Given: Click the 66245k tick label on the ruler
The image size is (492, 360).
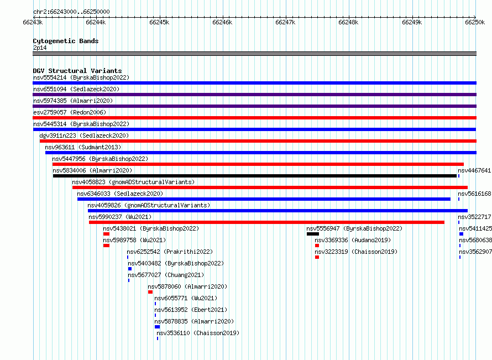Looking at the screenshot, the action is click(x=159, y=22).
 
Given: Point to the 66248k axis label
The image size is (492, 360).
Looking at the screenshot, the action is click(x=348, y=22).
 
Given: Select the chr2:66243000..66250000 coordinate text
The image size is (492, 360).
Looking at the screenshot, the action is click(x=71, y=12).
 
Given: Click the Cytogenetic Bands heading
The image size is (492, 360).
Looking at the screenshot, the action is click(x=66, y=41).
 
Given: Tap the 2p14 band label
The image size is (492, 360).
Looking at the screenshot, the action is click(x=40, y=48).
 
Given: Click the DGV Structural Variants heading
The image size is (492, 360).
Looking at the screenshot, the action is click(x=77, y=71).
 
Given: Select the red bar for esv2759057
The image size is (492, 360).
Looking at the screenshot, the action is click(x=254, y=118).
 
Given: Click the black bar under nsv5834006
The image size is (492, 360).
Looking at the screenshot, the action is click(x=255, y=176).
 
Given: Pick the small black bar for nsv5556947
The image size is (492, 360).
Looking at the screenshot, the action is click(x=313, y=234).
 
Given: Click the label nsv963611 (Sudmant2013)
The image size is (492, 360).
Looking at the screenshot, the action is click(x=83, y=147).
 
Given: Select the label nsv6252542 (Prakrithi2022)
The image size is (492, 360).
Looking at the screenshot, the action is click(x=170, y=252).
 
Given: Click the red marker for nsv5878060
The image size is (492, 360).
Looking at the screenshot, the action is click(x=150, y=292).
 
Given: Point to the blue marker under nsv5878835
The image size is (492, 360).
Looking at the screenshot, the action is click(x=157, y=327).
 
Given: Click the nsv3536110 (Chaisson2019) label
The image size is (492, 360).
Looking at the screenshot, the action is click(x=198, y=333).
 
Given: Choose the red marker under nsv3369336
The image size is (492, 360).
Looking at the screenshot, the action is click(x=317, y=246).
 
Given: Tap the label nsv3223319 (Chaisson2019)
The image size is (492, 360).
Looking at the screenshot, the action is click(x=356, y=252).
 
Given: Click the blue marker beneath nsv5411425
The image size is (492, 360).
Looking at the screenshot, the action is click(x=461, y=234).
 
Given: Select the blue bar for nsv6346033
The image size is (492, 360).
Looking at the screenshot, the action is click(x=264, y=199).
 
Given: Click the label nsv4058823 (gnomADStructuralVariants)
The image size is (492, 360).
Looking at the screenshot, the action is click(x=133, y=182).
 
